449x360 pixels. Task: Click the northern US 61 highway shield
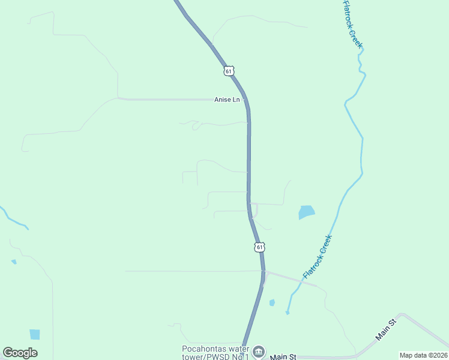click(228, 71)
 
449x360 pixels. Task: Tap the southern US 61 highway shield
click(259, 247)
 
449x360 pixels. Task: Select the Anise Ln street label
click(227, 100)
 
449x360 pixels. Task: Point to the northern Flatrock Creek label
click(353, 25)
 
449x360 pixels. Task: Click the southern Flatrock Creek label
click(318, 257)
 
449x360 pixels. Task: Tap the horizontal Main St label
click(283, 356)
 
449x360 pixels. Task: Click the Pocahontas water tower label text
click(215, 353)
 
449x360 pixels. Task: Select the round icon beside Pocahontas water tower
click(259, 352)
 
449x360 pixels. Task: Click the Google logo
click(20, 353)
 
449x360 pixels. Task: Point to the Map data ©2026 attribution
click(423, 355)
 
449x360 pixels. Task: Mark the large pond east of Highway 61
click(306, 212)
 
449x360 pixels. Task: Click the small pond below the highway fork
click(272, 302)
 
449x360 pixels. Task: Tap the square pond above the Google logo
click(35, 334)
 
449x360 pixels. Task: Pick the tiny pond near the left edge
click(14, 262)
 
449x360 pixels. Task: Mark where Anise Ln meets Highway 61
click(247, 100)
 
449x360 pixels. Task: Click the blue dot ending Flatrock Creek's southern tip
click(287, 313)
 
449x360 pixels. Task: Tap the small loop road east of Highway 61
click(255, 211)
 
